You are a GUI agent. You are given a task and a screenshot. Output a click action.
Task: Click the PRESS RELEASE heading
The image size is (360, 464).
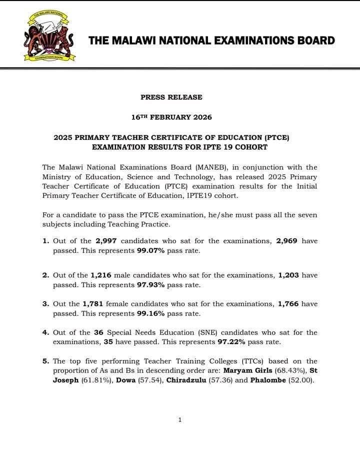pos(171,97)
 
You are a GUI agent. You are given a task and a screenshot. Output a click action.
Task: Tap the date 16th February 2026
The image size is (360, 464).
pos(171,117)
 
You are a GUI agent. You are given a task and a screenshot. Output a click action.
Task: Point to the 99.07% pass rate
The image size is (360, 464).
pos(150,251)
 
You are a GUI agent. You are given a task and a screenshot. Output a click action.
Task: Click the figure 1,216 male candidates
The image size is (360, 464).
pos(102,275)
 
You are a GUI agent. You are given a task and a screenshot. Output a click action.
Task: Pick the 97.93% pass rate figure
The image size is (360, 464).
pos(150,285)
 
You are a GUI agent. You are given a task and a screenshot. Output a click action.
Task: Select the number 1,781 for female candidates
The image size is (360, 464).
pos(94,304)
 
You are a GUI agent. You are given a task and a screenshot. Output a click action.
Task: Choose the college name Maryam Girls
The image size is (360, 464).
pos(245,371)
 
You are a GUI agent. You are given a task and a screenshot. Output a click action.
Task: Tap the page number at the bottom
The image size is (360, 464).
pos(180,420)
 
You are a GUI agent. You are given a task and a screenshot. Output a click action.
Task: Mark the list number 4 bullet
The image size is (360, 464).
pos(45,333)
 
